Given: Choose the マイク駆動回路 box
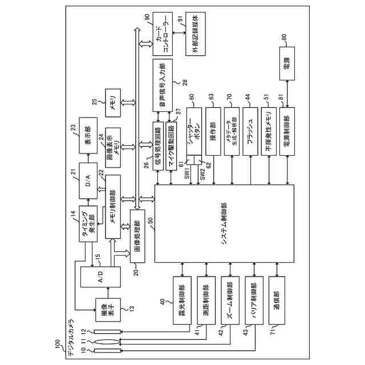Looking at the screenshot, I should [173, 146].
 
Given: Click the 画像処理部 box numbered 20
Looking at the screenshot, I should [141, 237].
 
